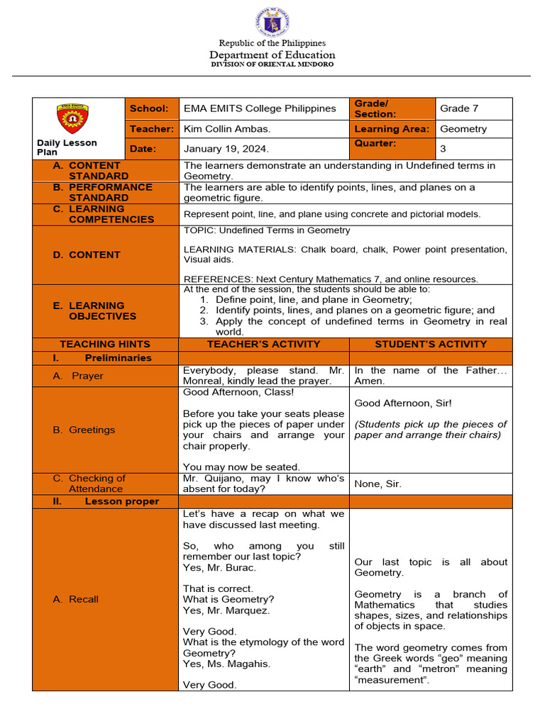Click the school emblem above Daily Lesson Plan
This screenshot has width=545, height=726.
point(72,119)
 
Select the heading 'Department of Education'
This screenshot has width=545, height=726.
point(272,55)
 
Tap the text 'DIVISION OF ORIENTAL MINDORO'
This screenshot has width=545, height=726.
point(272,65)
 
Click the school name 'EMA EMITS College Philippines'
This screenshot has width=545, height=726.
point(260,108)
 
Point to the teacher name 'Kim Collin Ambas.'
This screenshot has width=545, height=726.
point(227,129)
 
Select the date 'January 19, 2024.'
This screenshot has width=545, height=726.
point(226,149)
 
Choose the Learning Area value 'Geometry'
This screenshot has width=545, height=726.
point(463,129)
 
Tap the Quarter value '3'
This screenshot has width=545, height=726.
point(444,149)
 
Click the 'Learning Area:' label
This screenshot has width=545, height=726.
point(392,129)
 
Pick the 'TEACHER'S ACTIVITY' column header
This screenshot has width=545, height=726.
point(263,344)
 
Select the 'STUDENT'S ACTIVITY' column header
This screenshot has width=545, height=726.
point(431,344)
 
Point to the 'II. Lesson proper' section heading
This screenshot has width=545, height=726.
point(105,501)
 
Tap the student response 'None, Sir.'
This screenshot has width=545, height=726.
point(378,484)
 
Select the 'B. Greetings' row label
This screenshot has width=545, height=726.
point(84,430)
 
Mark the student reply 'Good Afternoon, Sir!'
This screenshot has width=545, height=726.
point(403,403)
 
